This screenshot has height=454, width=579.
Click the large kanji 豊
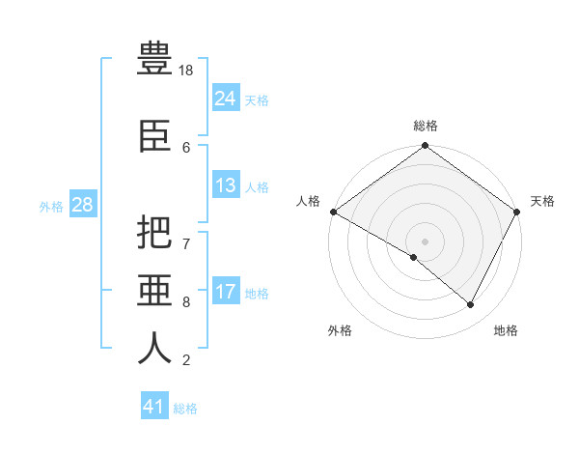(x=154, y=58)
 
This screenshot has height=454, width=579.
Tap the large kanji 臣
(x=154, y=136)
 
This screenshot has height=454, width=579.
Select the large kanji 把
(x=154, y=232)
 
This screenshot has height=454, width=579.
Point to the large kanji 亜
(x=154, y=290)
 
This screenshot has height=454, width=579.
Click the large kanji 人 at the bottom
(x=154, y=348)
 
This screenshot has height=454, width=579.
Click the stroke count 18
(x=185, y=71)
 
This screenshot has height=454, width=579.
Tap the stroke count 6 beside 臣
(x=186, y=148)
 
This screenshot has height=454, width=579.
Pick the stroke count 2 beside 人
(x=186, y=360)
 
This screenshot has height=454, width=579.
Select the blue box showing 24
(x=226, y=97)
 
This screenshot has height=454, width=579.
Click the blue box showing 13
(x=226, y=184)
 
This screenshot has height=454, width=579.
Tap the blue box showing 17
(x=226, y=290)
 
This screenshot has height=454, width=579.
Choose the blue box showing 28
(x=83, y=204)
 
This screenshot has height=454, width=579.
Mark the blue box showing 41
(x=154, y=405)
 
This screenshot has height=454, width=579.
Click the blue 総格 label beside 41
(x=185, y=409)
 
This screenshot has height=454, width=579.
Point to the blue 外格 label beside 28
(x=51, y=207)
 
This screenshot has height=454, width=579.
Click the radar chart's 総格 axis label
(x=426, y=126)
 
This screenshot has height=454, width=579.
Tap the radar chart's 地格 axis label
(x=506, y=330)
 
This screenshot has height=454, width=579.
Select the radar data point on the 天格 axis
(x=516, y=212)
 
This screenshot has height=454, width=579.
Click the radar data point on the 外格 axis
(x=414, y=257)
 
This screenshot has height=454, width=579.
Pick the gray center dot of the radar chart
(x=425, y=241)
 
